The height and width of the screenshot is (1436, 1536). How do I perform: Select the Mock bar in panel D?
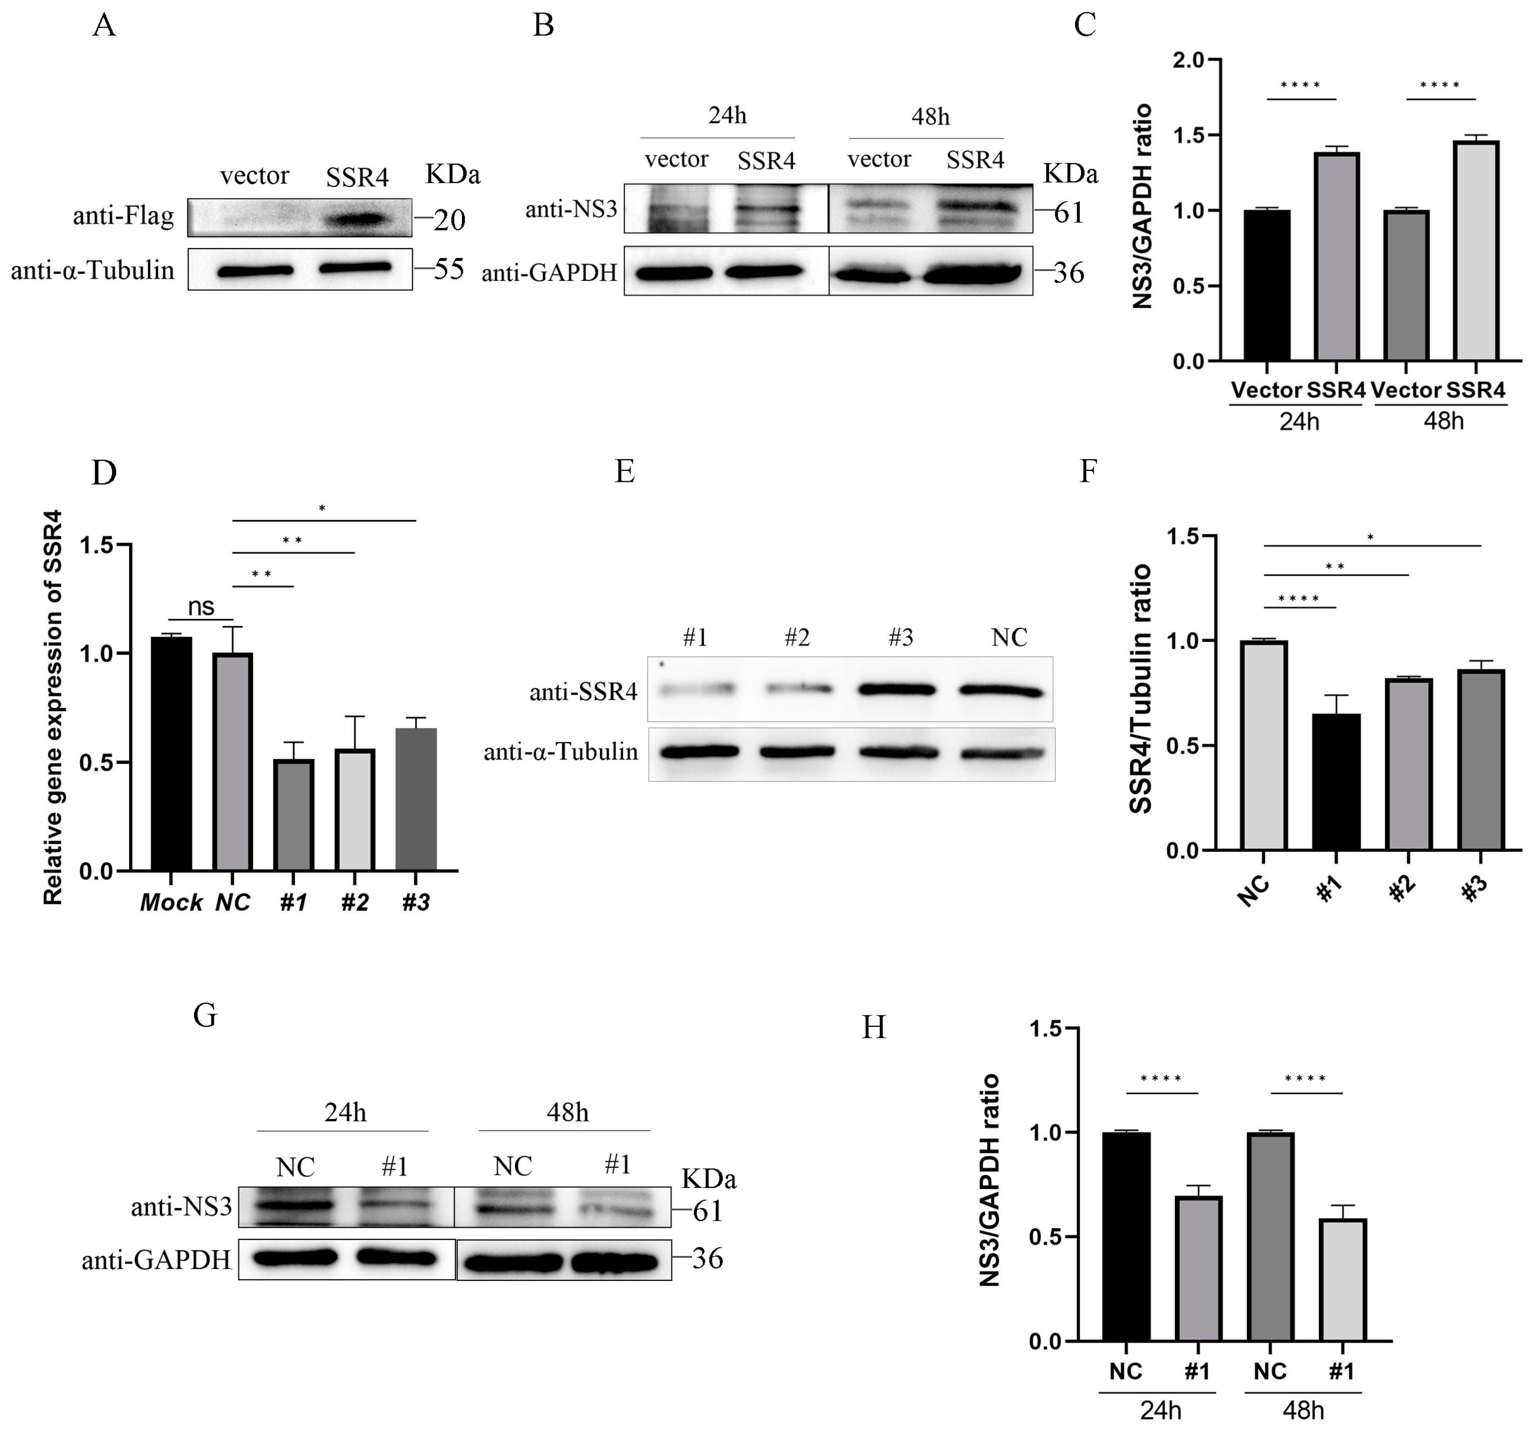pyautogui.click(x=172, y=754)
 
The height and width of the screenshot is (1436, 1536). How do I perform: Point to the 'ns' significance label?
pyautogui.click(x=201, y=607)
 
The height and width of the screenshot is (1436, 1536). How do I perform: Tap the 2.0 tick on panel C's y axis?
pyautogui.click(x=1190, y=60)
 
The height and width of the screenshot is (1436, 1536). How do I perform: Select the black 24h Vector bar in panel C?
pyautogui.click(x=1267, y=286)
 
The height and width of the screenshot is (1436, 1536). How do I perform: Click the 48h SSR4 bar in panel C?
pyautogui.click(x=1476, y=251)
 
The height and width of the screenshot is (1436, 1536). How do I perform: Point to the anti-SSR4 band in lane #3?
pyautogui.click(x=900, y=689)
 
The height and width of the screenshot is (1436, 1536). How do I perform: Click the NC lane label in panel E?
pyautogui.click(x=1009, y=638)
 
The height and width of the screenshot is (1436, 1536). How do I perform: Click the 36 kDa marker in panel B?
pyautogui.click(x=1069, y=273)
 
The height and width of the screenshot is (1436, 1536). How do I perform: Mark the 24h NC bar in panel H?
pyautogui.click(x=1126, y=1237)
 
